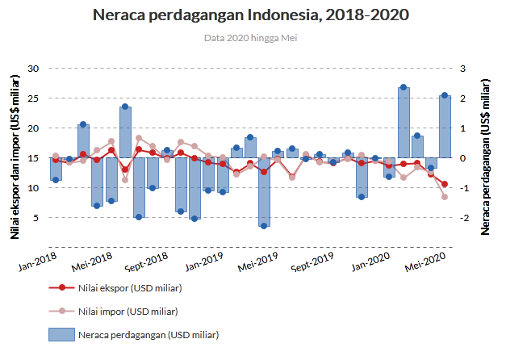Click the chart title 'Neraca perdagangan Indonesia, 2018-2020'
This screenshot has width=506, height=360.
250,15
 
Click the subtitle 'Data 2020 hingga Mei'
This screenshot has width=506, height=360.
250,38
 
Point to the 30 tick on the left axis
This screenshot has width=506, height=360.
34,69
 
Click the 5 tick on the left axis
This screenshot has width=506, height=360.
37,218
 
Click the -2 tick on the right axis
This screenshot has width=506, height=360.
462,218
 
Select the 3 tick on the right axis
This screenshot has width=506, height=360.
462,69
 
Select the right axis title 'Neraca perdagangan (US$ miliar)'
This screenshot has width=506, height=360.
485,157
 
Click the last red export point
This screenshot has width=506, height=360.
445,184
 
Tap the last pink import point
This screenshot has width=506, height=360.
445,197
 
